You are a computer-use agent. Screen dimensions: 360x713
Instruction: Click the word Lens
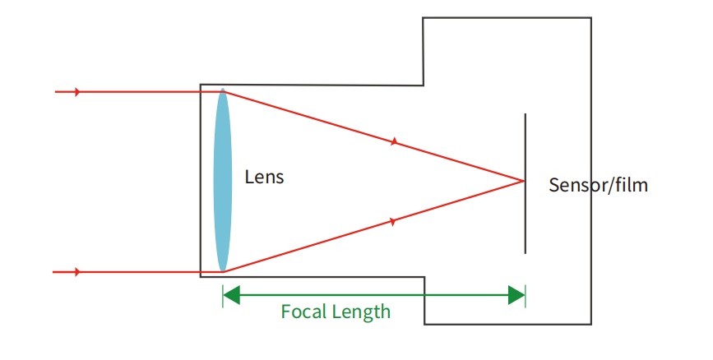click(264, 177)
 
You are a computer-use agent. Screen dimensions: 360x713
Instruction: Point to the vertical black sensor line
click(525, 214)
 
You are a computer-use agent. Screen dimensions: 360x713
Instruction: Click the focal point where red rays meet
click(523, 181)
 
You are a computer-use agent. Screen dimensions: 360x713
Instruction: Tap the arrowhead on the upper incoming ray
click(77, 92)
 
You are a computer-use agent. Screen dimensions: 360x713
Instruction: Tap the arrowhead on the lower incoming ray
click(77, 272)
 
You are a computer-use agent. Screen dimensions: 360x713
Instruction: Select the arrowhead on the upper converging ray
click(394, 142)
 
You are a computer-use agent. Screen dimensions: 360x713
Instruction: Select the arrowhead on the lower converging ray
click(392, 221)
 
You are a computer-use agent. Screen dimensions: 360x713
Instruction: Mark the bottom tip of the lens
click(223, 271)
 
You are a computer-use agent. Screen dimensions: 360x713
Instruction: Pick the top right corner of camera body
click(590, 18)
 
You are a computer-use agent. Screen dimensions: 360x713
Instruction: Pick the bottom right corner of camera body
click(590, 323)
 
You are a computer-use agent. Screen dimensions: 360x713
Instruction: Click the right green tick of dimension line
click(525, 296)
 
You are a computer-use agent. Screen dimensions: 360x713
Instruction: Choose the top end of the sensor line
click(525, 114)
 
